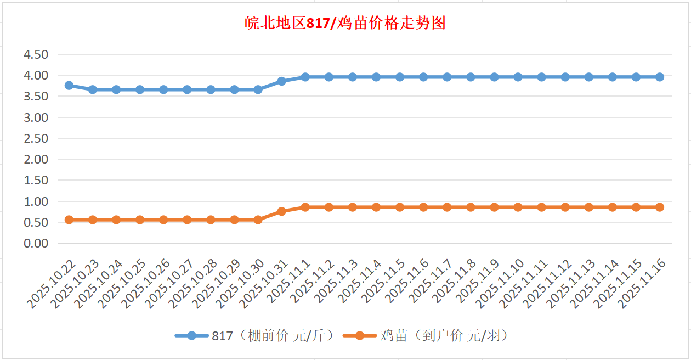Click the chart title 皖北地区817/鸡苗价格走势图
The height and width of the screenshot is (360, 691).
click(x=345, y=24)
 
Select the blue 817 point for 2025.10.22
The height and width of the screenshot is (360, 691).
click(x=69, y=86)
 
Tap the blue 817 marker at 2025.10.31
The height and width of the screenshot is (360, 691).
click(x=281, y=81)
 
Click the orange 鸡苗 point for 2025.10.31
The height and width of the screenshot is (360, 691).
click(x=281, y=211)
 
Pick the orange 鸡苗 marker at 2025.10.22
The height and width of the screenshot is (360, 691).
click(x=69, y=220)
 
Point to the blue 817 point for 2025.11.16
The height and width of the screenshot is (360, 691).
click(x=660, y=77)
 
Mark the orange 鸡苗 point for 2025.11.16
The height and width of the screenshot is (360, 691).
click(x=660, y=207)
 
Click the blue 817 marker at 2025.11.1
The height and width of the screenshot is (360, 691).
click(x=305, y=77)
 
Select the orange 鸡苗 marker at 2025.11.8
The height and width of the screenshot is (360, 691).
click(x=471, y=207)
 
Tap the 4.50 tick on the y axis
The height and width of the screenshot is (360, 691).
click(x=36, y=54)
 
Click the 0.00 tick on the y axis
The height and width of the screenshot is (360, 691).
click(x=36, y=243)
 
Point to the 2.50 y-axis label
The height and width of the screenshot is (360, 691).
click(x=36, y=138)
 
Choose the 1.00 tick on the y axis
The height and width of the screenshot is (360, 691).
click(x=36, y=201)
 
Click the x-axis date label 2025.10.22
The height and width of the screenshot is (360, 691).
click(x=51, y=284)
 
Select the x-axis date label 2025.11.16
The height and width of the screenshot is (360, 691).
click(x=642, y=284)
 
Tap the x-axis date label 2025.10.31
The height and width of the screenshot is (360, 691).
click(x=263, y=284)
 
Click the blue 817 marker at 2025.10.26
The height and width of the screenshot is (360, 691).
click(x=163, y=89)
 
